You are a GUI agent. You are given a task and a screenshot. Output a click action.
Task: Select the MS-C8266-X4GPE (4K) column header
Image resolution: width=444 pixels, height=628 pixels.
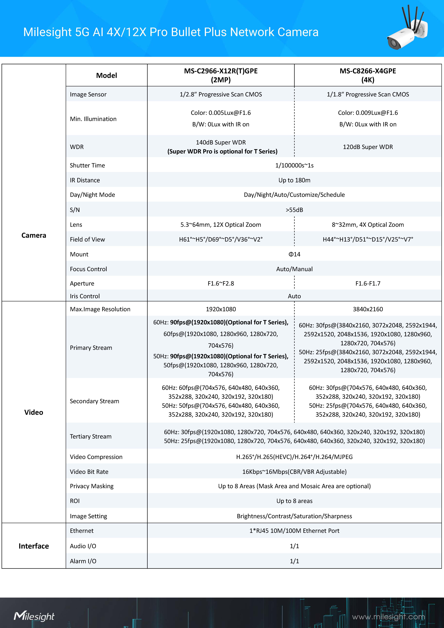pos(368,75)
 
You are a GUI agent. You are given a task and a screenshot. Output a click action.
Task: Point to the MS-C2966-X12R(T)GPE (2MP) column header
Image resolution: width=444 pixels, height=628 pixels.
pos(221,75)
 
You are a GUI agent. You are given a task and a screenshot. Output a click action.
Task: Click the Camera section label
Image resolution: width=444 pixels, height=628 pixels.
pos(34,235)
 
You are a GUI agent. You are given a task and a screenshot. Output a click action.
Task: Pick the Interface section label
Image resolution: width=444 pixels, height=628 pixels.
pos(34,546)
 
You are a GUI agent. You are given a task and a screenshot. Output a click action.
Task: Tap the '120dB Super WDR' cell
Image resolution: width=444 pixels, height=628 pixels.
pos(368,147)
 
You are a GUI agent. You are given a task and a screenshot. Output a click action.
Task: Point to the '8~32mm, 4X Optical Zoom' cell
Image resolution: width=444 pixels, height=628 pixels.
pos(368,225)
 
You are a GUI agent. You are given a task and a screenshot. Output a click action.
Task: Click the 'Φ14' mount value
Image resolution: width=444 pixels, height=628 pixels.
pos(294,254)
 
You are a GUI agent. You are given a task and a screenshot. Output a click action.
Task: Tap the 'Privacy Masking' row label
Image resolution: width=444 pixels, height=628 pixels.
pos(92,486)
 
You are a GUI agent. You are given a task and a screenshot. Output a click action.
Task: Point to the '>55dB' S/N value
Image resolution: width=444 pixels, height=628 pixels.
pos(294,210)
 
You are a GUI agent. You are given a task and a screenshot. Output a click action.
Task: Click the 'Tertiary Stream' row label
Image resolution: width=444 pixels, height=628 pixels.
pos(90,436)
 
